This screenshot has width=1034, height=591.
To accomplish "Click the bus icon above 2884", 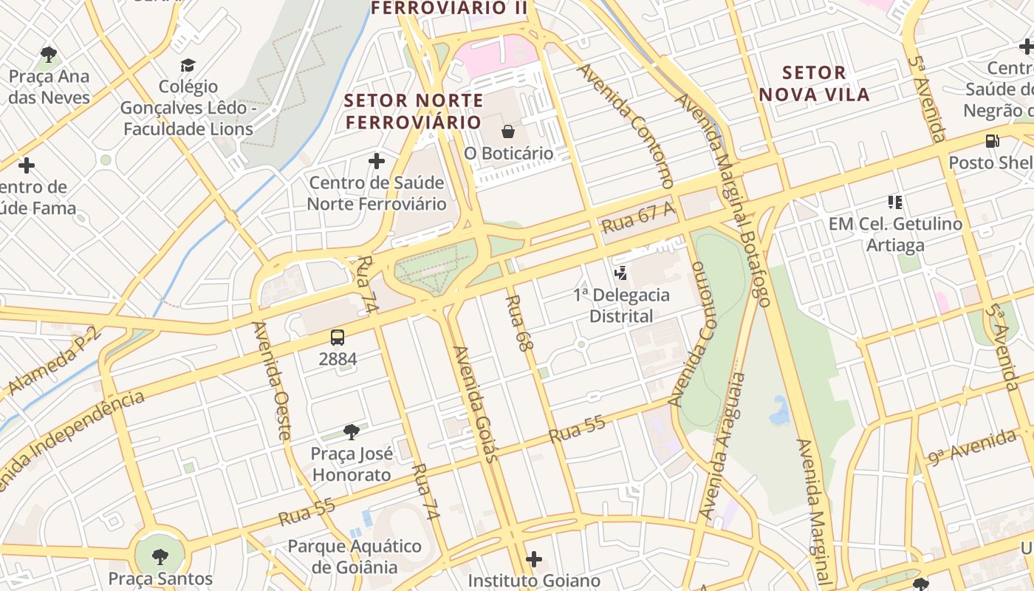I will [x=338, y=338].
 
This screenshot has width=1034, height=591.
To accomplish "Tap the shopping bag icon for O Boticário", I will [x=508, y=131].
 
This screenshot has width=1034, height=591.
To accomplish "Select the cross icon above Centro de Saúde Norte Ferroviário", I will [x=377, y=161].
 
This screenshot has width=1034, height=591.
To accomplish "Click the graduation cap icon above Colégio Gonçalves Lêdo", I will [x=188, y=66].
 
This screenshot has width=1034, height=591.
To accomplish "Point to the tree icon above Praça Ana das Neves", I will [x=49, y=54].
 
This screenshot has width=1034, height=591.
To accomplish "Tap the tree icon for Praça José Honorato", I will [x=352, y=431].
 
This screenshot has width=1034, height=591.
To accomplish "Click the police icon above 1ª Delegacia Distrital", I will [x=621, y=273].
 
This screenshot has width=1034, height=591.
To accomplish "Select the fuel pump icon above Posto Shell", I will [x=992, y=140].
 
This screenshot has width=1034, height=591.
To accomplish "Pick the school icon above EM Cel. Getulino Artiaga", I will [x=895, y=202].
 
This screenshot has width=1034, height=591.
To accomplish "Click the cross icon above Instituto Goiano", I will [x=534, y=559].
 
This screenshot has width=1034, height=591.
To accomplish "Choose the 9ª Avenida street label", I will [x=973, y=447].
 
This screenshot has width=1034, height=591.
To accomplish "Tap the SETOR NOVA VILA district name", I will [x=814, y=83].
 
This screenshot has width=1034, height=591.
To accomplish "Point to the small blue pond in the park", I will [x=779, y=411].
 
